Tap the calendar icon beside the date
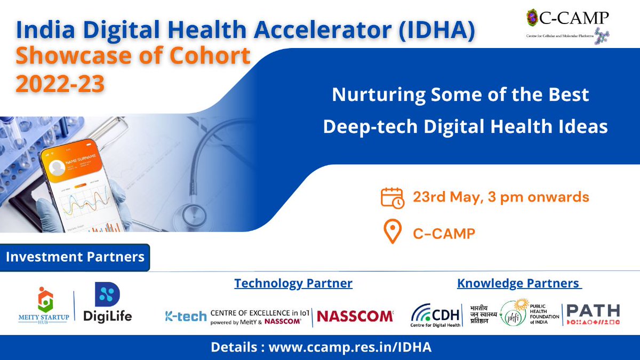[x=393, y=197]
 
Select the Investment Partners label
[x=75, y=257]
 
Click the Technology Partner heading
[x=293, y=283]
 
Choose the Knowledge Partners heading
[x=519, y=283]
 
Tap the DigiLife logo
[x=108, y=303]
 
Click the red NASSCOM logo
[x=355, y=316]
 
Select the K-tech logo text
[x=186, y=316]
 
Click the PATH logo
[x=593, y=314]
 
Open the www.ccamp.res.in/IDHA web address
[x=350, y=347]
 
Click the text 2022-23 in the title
[x=60, y=84]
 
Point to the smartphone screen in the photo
[x=85, y=187]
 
